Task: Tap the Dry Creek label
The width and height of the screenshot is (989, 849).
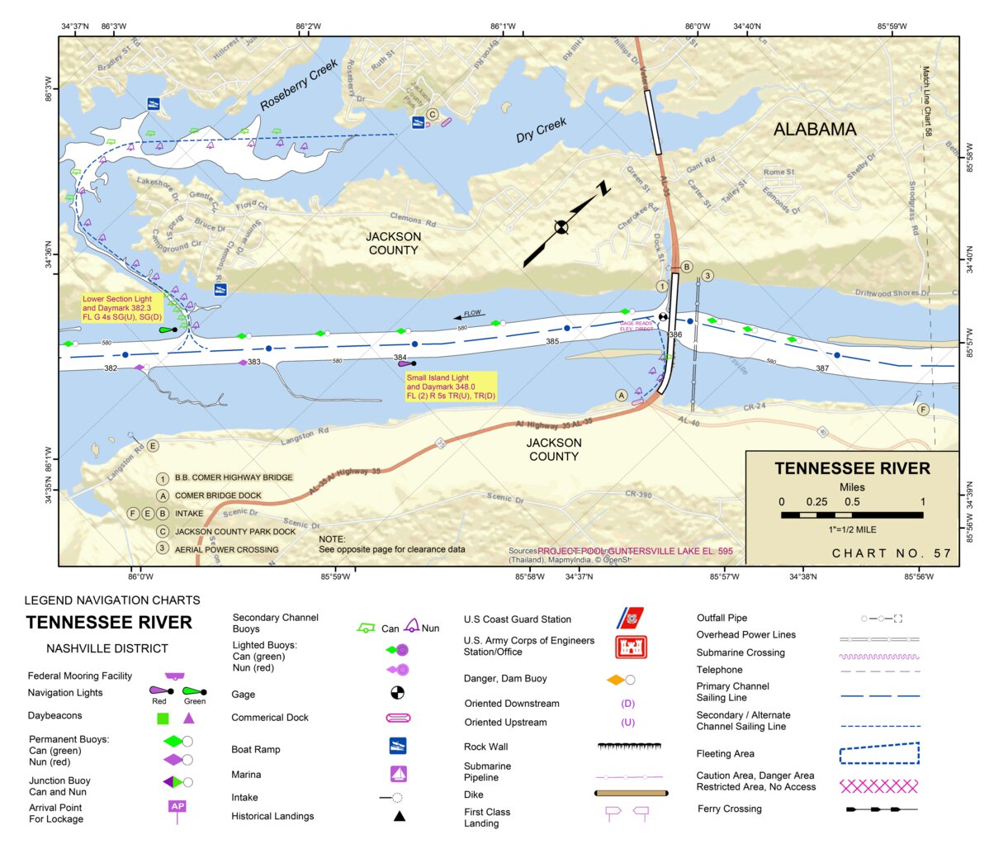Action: [542, 130]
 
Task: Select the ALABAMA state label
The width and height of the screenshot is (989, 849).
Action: [814, 129]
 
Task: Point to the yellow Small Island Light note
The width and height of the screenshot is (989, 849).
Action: [451, 387]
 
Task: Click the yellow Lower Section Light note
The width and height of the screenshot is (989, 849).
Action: [122, 308]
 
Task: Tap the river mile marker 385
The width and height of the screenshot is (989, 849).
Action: [552, 341]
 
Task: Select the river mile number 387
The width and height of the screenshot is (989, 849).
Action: [822, 368]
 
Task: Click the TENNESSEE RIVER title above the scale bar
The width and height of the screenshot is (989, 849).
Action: [852, 468]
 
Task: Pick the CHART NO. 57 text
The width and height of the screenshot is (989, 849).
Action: [892, 553]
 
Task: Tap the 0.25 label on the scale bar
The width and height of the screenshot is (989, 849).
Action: [816, 501]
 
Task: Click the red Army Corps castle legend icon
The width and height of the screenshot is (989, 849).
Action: [631, 647]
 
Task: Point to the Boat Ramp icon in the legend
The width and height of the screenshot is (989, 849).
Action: [398, 746]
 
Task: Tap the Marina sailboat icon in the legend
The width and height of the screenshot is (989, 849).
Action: [398, 774]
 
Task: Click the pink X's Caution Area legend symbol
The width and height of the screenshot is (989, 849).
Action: [878, 785]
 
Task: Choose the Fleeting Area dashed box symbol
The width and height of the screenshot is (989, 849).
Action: [878, 753]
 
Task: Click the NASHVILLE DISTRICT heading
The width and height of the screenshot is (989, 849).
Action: [107, 648]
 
